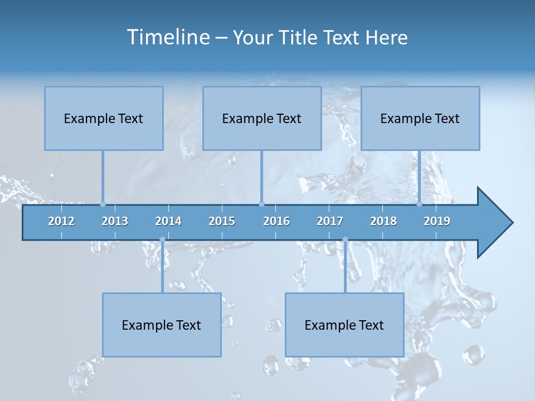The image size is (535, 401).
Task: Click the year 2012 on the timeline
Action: click(61, 221)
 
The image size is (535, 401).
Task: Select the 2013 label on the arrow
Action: click(115, 221)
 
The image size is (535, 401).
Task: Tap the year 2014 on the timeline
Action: click(168, 221)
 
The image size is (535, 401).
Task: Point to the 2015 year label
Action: click(222, 221)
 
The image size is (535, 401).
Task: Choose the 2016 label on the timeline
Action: click(276, 221)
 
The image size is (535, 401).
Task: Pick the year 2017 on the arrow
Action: click(330, 221)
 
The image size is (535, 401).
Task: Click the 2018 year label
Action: click(383, 221)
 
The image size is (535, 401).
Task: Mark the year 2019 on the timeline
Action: click(437, 221)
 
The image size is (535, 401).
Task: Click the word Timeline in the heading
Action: click(167, 37)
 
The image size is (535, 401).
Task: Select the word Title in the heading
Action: click(299, 38)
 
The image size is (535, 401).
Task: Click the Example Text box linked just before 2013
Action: click(104, 118)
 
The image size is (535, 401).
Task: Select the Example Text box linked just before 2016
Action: click(262, 118)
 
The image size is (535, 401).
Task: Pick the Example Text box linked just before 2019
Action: click(420, 118)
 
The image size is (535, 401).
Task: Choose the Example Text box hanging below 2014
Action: click(162, 325)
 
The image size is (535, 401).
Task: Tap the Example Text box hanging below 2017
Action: click(344, 325)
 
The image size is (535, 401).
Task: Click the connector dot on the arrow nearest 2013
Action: click(103, 204)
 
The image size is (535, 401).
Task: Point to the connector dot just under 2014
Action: click(162, 239)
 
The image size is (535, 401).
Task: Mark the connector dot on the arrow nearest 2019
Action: click(420, 204)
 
